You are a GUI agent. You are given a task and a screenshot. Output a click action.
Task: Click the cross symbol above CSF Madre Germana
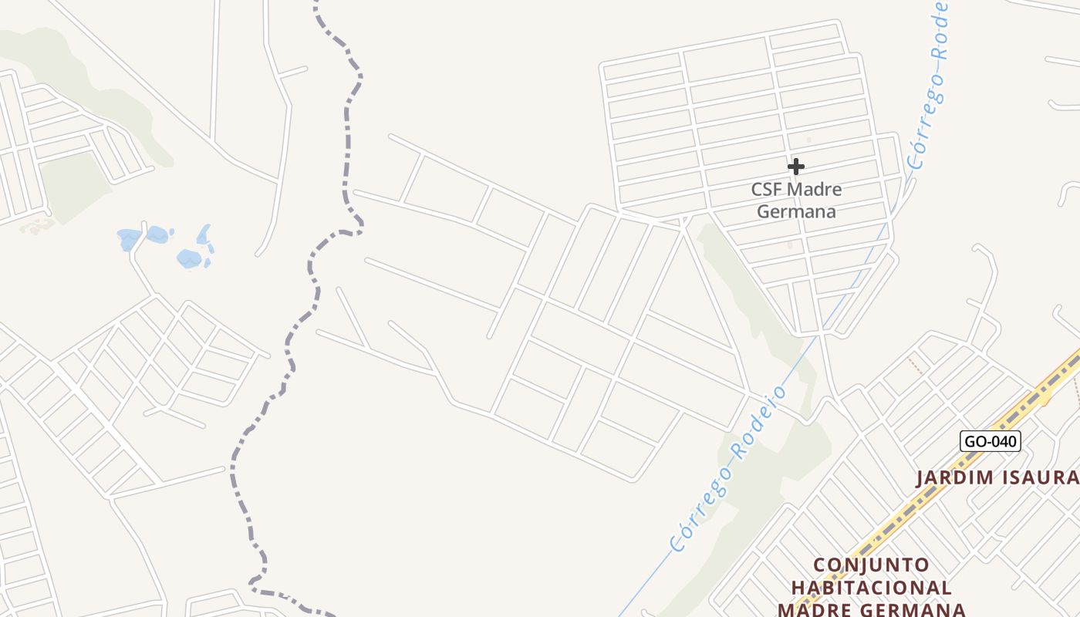[796, 166]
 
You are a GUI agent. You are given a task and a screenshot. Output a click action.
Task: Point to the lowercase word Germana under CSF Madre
[796, 211]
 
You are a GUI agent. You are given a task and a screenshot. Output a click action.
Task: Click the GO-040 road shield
[991, 441]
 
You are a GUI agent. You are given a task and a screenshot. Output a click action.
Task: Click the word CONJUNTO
[871, 565]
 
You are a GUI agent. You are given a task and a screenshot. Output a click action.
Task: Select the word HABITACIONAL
[871, 588]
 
